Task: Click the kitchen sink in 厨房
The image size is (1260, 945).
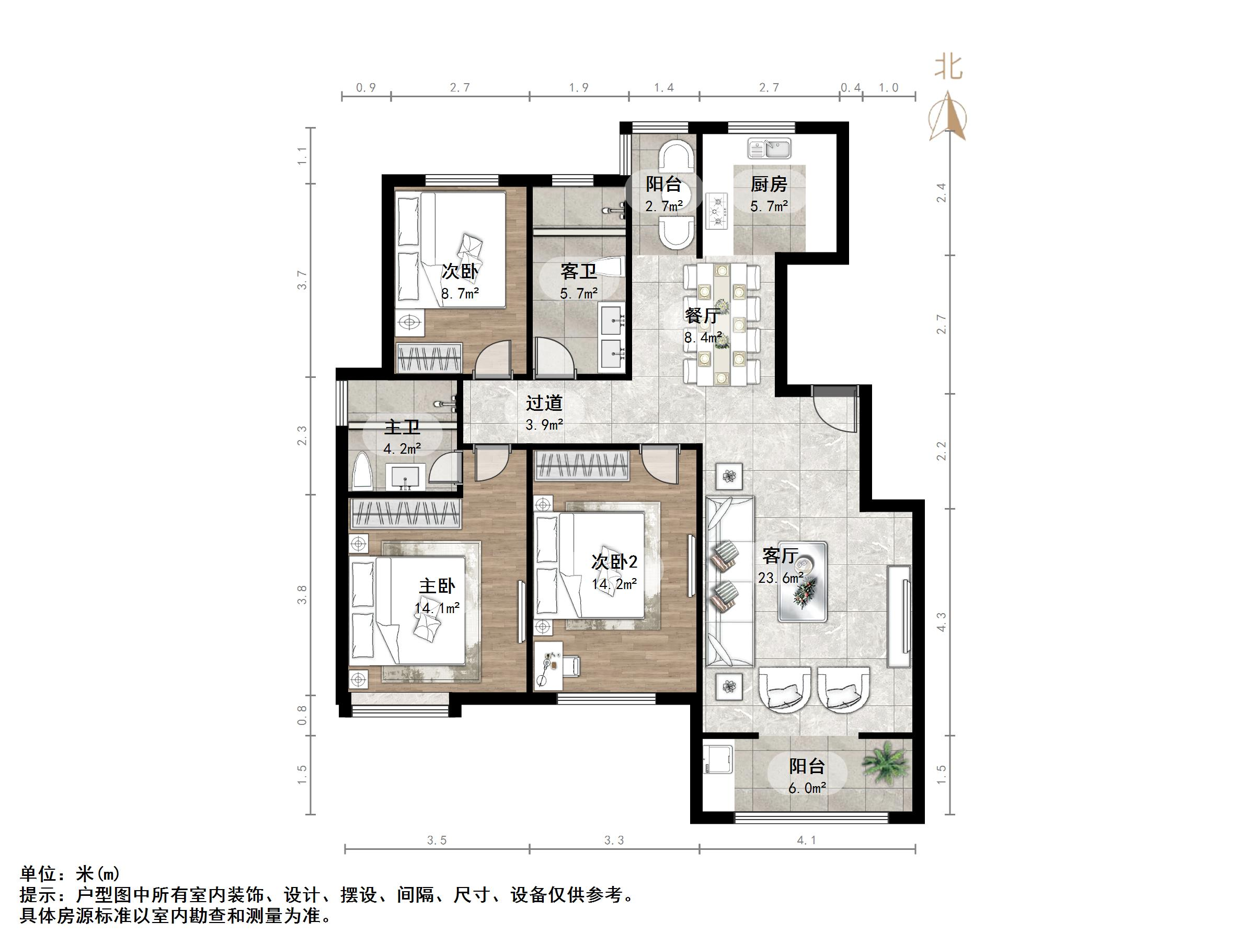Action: click(x=769, y=149)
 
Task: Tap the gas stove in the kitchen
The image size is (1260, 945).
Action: click(x=717, y=211)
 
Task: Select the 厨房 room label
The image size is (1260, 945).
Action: click(x=769, y=184)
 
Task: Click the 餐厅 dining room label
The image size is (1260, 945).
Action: click(x=702, y=315)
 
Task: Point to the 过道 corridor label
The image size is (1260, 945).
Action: click(x=544, y=402)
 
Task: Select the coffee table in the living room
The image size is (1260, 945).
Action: click(x=803, y=582)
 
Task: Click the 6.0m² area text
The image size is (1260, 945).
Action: click(x=807, y=788)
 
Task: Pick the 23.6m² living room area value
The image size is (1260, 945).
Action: click(x=781, y=578)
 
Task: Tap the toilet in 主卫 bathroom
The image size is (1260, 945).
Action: click(x=362, y=471)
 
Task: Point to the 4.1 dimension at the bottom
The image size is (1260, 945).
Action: click(x=807, y=840)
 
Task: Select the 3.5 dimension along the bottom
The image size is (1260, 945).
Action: click(x=437, y=840)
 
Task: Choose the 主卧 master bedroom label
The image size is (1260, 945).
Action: click(x=437, y=586)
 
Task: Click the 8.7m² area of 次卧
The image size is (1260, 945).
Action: click(x=460, y=294)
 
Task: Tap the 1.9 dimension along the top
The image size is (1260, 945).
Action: click(x=579, y=88)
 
